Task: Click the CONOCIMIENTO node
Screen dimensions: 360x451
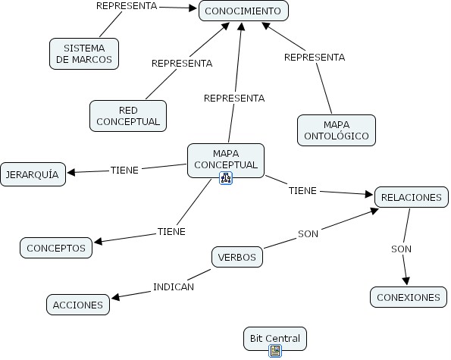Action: click(243, 11)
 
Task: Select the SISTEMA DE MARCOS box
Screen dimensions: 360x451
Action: click(83, 53)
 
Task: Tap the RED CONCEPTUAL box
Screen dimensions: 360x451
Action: click(128, 115)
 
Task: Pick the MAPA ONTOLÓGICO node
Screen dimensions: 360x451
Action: click(336, 130)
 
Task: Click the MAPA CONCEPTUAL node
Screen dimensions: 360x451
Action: click(225, 159)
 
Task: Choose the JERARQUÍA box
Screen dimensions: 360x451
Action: click(33, 174)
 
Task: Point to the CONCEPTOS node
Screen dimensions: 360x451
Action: click(57, 247)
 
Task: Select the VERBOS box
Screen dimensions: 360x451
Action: click(236, 257)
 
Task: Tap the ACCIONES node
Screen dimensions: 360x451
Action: click(77, 305)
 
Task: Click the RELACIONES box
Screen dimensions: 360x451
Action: click(411, 197)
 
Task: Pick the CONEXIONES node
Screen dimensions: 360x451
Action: click(408, 297)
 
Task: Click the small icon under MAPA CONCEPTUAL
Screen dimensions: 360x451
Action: click(225, 179)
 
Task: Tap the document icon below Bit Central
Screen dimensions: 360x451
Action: click(275, 351)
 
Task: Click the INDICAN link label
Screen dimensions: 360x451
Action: click(174, 287)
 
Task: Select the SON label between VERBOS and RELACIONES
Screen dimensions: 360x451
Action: click(308, 234)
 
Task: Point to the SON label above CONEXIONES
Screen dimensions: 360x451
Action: click(402, 249)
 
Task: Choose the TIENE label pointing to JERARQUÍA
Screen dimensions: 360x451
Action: click(124, 171)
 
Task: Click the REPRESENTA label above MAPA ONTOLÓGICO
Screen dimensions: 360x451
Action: click(314, 57)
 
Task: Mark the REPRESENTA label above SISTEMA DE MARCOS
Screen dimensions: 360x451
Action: click(127, 6)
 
